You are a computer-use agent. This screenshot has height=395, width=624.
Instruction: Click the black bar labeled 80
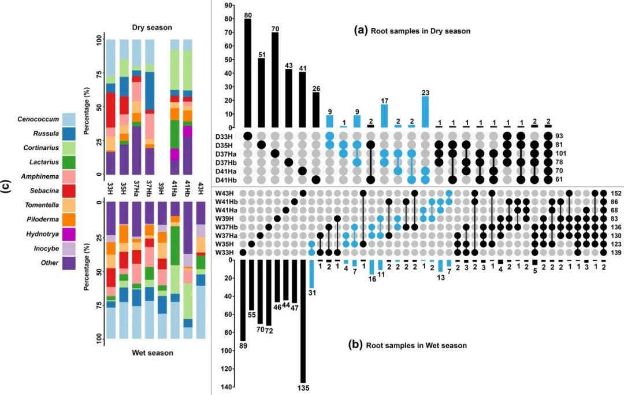tap(248, 73)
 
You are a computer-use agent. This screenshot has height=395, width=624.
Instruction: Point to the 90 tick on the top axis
tap(229, 5)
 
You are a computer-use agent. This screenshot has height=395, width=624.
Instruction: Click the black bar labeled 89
tap(243, 300)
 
